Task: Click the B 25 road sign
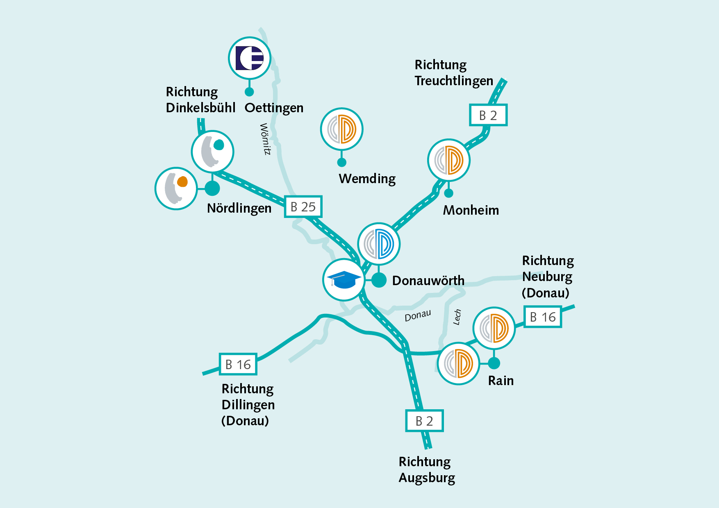pyautogui.click(x=303, y=207)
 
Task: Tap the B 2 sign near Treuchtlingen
pyautogui.click(x=488, y=115)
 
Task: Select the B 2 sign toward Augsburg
pyautogui.click(x=424, y=421)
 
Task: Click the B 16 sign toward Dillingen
pyautogui.click(x=238, y=364)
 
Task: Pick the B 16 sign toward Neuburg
pyautogui.click(x=543, y=317)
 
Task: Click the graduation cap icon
pyautogui.click(x=344, y=280)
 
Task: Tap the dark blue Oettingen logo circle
pyautogui.click(x=249, y=58)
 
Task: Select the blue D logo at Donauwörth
pyautogui.click(x=379, y=244)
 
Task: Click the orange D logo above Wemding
pyautogui.click(x=341, y=129)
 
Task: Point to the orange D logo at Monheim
pyautogui.click(x=448, y=160)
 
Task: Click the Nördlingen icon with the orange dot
pyautogui.click(x=176, y=188)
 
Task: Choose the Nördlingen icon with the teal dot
pyautogui.click(x=212, y=151)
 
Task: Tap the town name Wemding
pyautogui.click(x=367, y=179)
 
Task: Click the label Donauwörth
pyautogui.click(x=428, y=281)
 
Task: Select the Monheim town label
pyautogui.click(x=471, y=210)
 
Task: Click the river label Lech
pyautogui.click(x=457, y=317)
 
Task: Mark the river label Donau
pyautogui.click(x=418, y=316)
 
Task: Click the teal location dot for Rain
pyautogui.click(x=494, y=363)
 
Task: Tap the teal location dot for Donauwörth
pyautogui.click(x=379, y=280)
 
